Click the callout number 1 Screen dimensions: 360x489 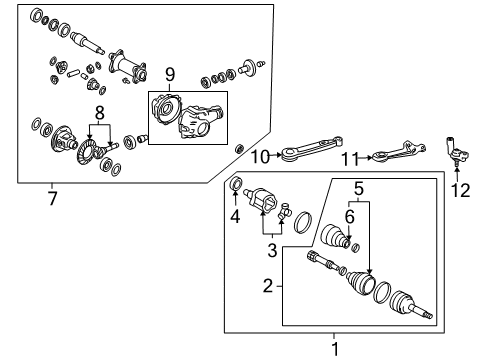click(335, 348)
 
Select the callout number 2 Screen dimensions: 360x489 click(268, 287)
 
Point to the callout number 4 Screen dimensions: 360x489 click(235, 214)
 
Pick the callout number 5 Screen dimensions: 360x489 click(357, 186)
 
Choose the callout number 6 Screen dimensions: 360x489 click(351, 214)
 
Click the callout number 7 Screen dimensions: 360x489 click(53, 198)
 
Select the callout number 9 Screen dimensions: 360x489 click(170, 75)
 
